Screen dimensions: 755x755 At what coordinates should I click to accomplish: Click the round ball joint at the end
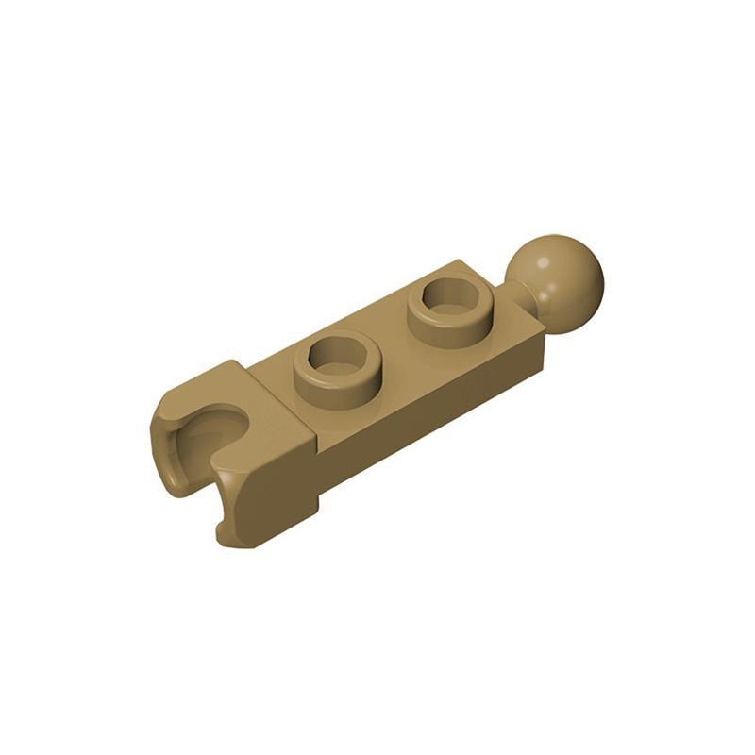[555, 274]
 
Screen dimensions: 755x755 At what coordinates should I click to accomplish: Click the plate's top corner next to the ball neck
[468, 263]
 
